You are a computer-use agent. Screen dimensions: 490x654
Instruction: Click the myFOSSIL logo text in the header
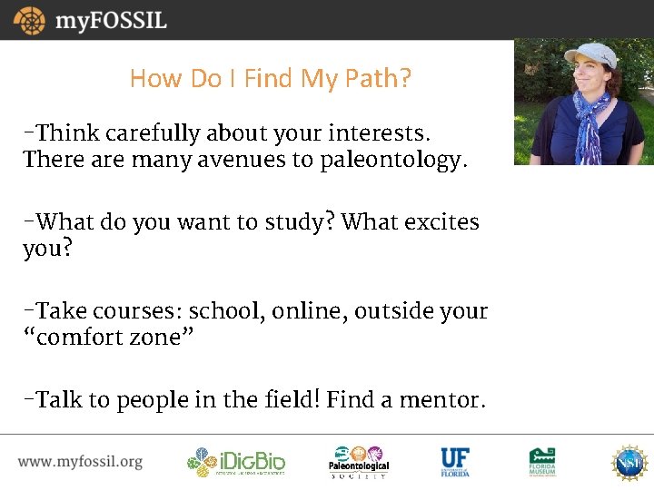111,20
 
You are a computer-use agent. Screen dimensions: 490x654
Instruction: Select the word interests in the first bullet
381,133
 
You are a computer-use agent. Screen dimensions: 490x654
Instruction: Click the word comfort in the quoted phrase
88,338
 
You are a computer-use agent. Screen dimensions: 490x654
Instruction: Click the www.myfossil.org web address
80,462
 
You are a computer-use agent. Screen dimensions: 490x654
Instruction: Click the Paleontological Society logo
358,462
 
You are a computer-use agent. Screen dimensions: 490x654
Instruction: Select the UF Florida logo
455,462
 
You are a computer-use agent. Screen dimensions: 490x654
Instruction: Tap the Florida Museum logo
543,462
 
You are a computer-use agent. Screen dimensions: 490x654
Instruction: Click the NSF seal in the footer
628,462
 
